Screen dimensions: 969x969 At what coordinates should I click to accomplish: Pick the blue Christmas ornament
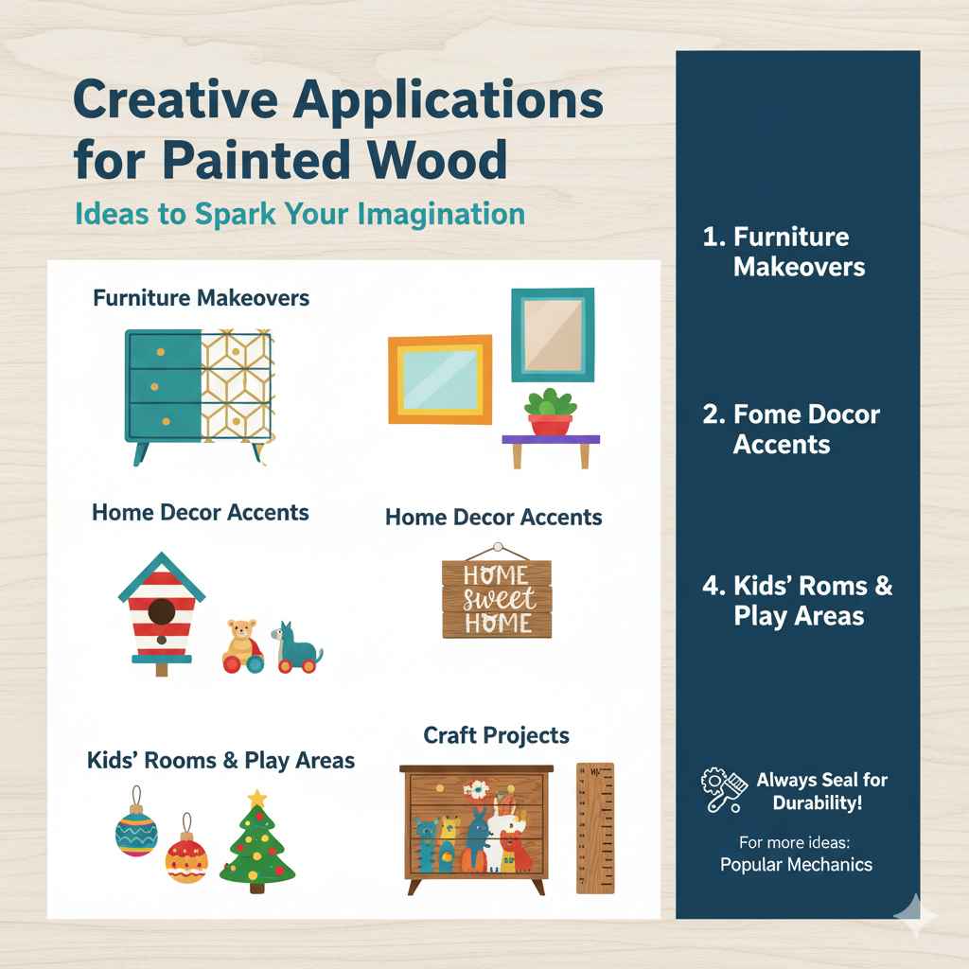[x=135, y=833]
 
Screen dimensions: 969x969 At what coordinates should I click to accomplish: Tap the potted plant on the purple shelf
[x=551, y=411]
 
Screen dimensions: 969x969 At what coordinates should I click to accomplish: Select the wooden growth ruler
[x=594, y=828]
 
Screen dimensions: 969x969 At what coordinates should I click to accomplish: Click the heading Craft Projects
[x=497, y=734]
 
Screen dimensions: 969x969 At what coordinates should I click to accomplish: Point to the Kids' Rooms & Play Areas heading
[x=220, y=760]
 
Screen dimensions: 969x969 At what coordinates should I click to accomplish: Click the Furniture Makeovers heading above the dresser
[x=201, y=298]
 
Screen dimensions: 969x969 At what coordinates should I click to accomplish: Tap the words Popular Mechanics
[x=796, y=864]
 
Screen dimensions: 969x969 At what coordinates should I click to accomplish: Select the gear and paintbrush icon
[x=724, y=791]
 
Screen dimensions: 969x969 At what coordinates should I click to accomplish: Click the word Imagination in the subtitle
[x=441, y=214]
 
